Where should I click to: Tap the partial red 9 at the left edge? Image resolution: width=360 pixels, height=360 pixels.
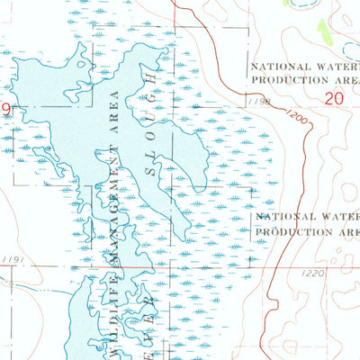click(x=4, y=108)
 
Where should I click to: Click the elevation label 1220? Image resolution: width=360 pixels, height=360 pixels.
click(x=312, y=274)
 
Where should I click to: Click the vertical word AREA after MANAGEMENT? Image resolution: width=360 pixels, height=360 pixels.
click(x=114, y=109)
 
